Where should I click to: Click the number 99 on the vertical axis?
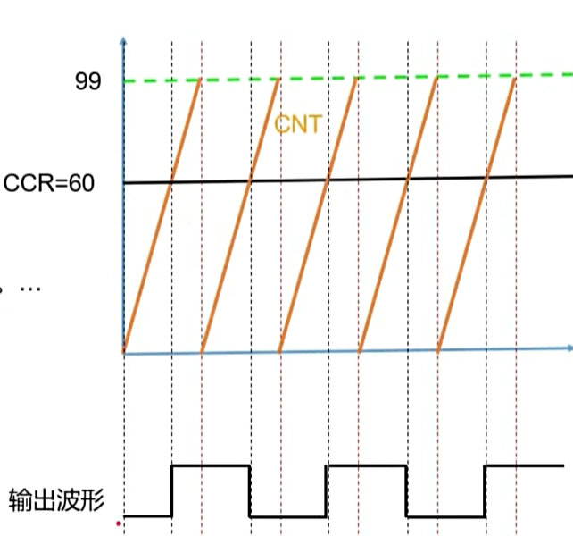pos(87,82)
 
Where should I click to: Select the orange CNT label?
pos(297,124)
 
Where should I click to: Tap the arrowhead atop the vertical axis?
pos(123,41)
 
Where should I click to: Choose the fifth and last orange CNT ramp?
pos(477,215)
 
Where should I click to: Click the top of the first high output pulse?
pos(210,465)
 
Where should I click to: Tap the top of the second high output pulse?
pos(367,465)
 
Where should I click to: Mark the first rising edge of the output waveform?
pos(171,490)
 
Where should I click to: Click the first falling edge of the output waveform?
pos(249,490)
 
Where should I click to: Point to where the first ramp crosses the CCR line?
pos(171,182)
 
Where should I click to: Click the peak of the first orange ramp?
pos(200,80)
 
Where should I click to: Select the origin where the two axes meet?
pos(124,354)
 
